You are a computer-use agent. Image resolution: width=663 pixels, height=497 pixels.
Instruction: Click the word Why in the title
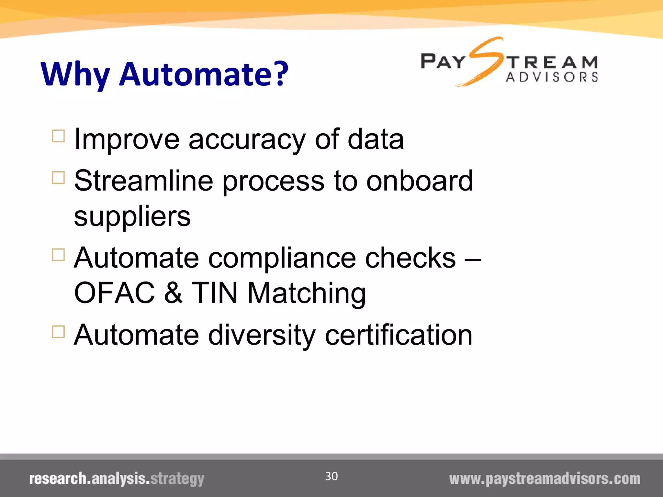click(75, 74)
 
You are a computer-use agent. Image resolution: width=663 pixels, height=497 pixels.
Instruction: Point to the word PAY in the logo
click(443, 61)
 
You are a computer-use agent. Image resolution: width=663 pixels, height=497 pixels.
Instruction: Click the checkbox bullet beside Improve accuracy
click(58, 136)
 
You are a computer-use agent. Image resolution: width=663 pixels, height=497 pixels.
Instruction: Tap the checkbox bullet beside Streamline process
click(58, 178)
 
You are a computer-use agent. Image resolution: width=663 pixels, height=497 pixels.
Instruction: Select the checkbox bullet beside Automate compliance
click(58, 255)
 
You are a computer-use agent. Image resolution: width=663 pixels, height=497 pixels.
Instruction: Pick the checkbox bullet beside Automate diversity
click(58, 332)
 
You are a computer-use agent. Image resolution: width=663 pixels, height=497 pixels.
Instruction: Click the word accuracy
click(247, 140)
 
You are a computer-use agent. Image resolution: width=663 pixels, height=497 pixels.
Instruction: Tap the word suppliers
click(132, 216)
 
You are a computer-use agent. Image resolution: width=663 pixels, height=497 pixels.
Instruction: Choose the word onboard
click(420, 181)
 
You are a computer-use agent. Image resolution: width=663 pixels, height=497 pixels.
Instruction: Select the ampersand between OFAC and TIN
click(173, 293)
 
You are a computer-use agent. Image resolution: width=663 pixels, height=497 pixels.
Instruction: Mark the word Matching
click(307, 293)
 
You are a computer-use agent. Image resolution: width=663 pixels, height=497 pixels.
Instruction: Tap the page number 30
click(331, 476)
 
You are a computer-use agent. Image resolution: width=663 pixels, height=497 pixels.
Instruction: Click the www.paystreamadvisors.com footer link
click(545, 479)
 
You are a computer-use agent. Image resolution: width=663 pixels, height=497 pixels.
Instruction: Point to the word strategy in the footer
click(177, 479)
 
